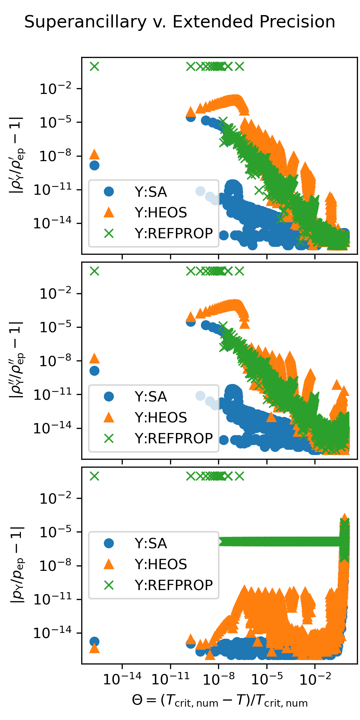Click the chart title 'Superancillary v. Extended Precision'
pyautogui.click(x=180, y=22)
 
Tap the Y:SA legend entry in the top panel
pyautogui.click(x=151, y=192)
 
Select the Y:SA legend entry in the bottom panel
pyautogui.click(x=151, y=543)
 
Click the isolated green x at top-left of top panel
pyautogui.click(x=94, y=66)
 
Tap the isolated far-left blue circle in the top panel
pyautogui.click(x=94, y=165)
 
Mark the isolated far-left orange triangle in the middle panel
pyautogui.click(x=94, y=359)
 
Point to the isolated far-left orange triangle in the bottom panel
pyautogui.click(x=94, y=648)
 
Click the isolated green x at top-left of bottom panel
pyautogui.click(x=94, y=476)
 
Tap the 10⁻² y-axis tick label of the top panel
pyautogui.click(x=56, y=89)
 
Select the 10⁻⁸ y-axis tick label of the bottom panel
pyautogui.click(x=56, y=566)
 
